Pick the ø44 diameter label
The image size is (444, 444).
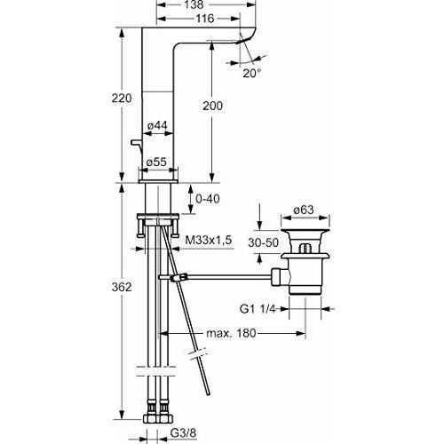click(158, 126)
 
